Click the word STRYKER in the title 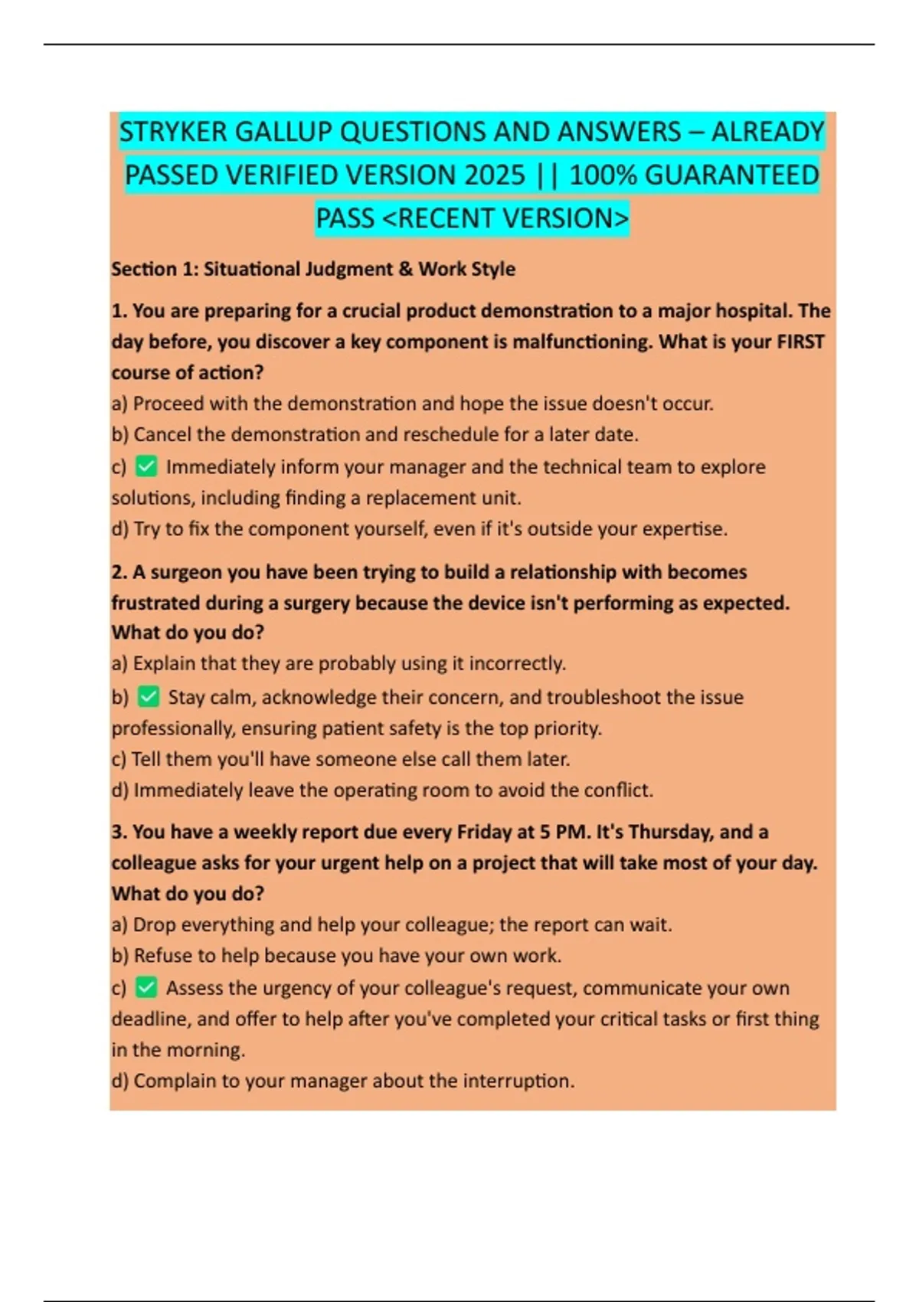click(173, 132)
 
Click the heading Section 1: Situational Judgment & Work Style click(312, 269)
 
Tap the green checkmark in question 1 click(146, 466)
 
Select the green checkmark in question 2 click(149, 696)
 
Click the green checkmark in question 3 click(146, 987)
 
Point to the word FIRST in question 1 click(800, 342)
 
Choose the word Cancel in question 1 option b click(162, 434)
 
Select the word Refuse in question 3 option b click(162, 955)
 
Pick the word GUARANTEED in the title click(732, 175)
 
